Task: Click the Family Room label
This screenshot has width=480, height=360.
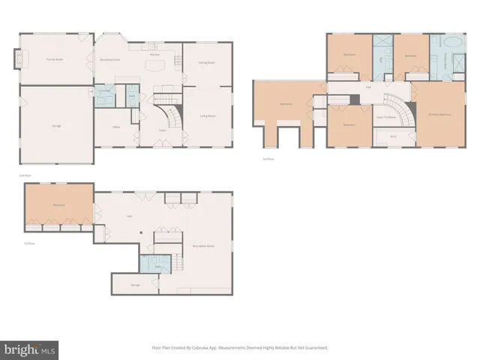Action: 54,58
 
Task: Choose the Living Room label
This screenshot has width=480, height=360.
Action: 208,115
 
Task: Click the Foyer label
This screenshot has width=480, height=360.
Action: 161,129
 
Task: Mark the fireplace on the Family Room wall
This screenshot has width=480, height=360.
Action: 19,57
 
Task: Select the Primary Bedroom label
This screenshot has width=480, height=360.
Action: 439,114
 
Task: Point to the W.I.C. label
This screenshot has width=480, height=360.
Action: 394,137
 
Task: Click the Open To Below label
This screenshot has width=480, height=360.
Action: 386,118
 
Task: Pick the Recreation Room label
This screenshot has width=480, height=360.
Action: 204,245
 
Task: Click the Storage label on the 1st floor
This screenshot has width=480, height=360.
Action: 136,285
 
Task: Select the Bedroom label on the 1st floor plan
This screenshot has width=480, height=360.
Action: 59,205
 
